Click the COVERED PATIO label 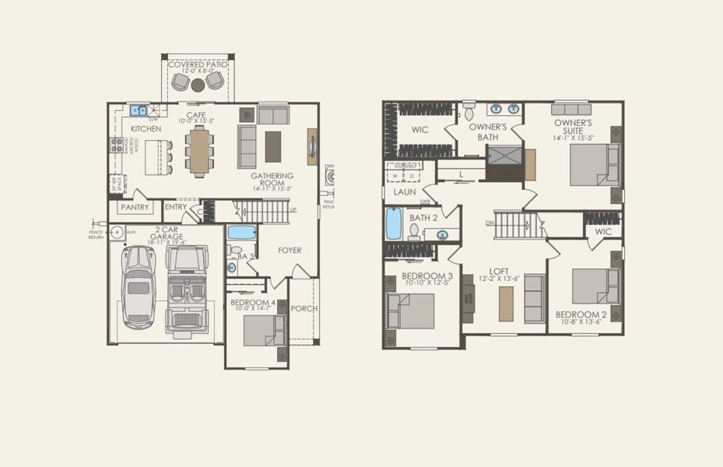(x=197, y=64)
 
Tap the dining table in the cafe (x=199, y=149)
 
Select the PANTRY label (x=134, y=208)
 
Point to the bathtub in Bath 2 (x=394, y=224)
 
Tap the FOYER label (x=290, y=250)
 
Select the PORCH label (x=304, y=308)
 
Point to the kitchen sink (x=139, y=111)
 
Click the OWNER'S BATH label (x=488, y=132)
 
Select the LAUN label (x=405, y=191)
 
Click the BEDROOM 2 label (x=581, y=315)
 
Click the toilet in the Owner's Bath (x=469, y=112)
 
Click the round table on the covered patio (x=198, y=83)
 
